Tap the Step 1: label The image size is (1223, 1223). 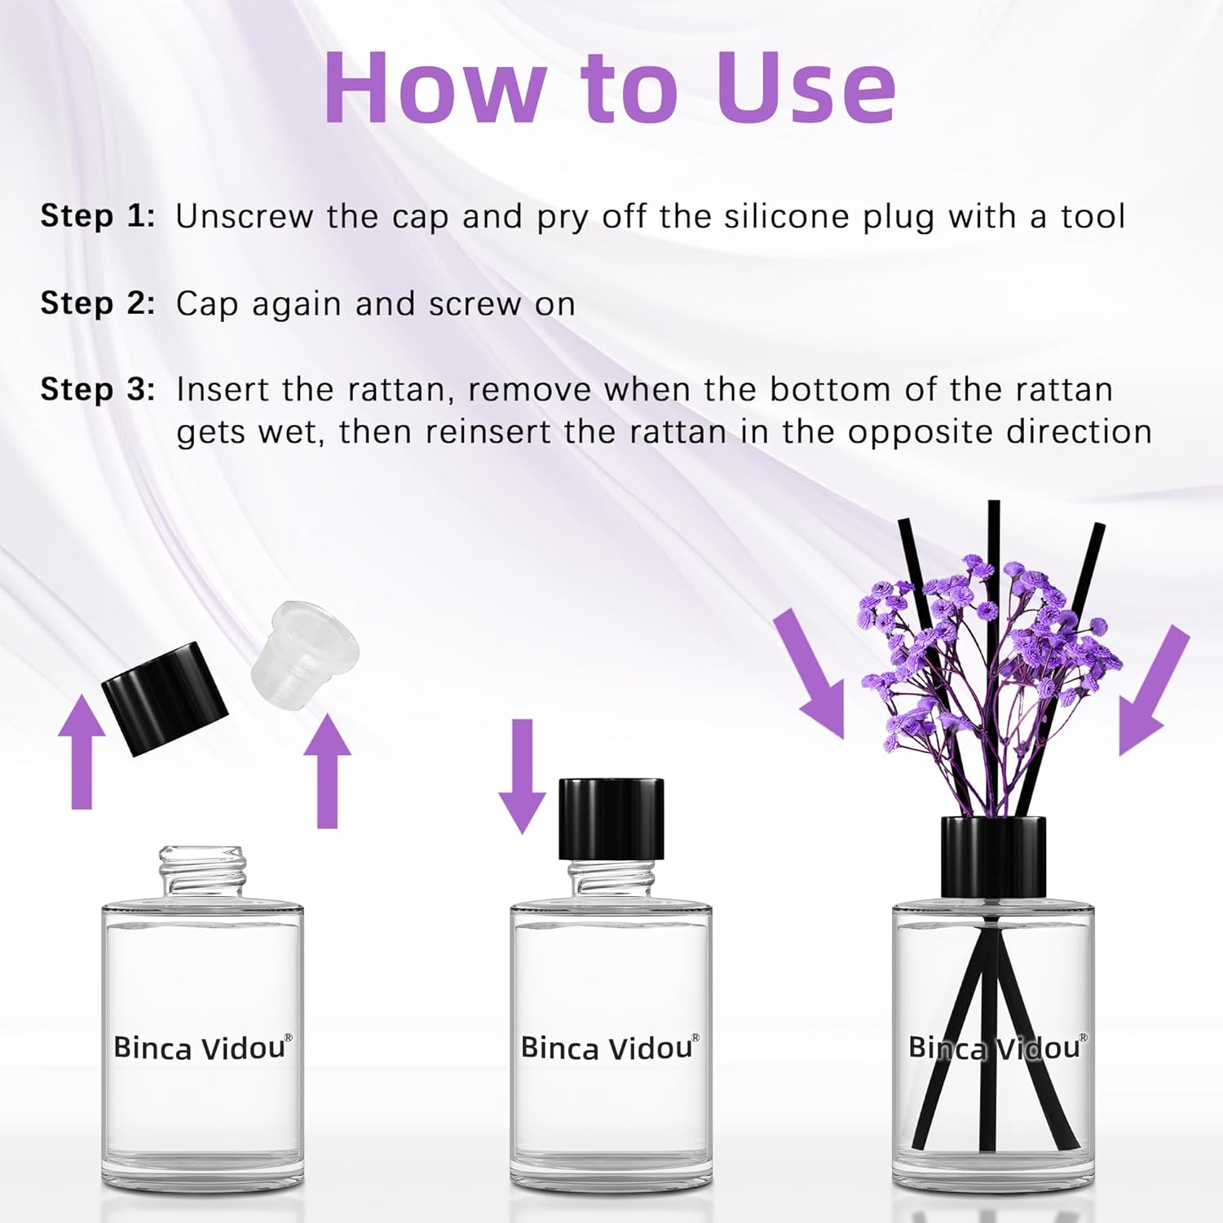pyautogui.click(x=98, y=216)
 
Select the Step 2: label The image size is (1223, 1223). pyautogui.click(x=98, y=303)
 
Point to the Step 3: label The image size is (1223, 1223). pyautogui.click(x=98, y=389)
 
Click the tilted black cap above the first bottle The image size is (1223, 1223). pyautogui.click(x=164, y=697)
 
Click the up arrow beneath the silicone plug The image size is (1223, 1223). pyautogui.click(x=327, y=770)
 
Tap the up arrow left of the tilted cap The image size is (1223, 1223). pyautogui.click(x=82, y=753)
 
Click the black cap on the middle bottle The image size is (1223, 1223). pyautogui.click(x=611, y=819)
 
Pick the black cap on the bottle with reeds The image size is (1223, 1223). pyautogui.click(x=993, y=857)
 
